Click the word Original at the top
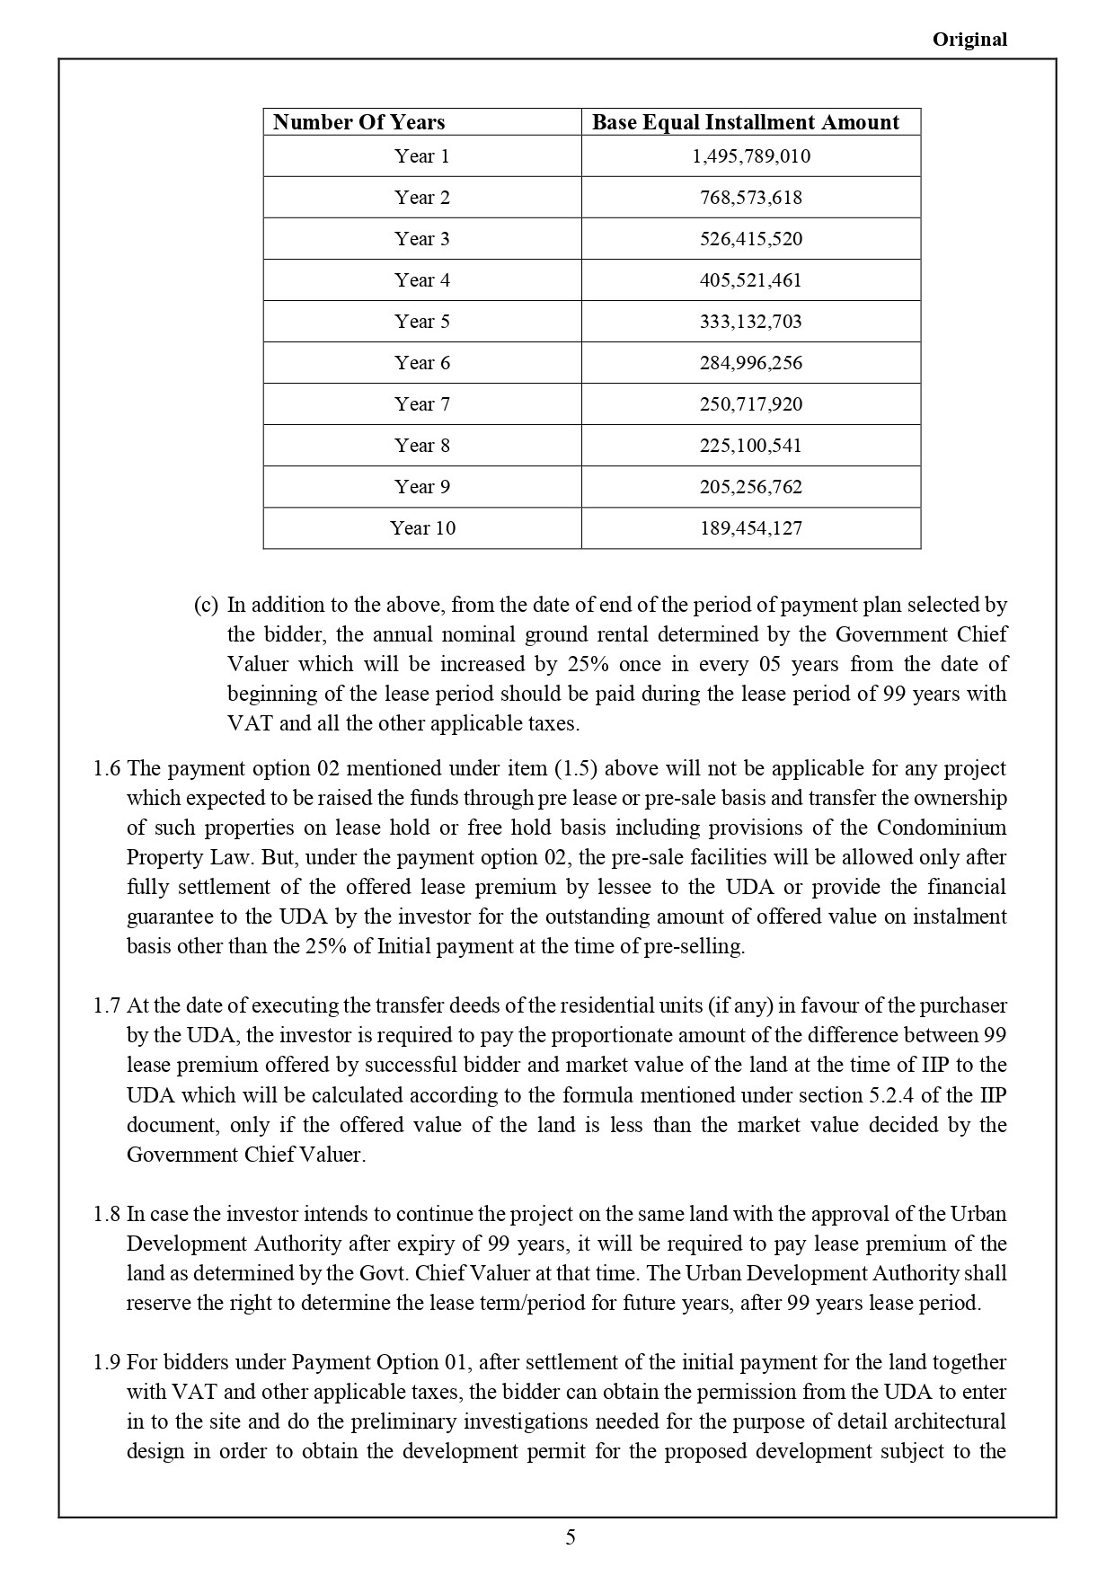click(x=969, y=40)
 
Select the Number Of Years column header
click(x=358, y=122)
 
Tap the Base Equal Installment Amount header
click(x=745, y=122)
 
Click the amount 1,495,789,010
click(x=750, y=156)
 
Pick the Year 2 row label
click(x=421, y=198)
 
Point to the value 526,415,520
click(x=750, y=239)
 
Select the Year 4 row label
click(x=421, y=280)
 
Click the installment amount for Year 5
click(x=750, y=322)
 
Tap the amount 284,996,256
click(x=750, y=363)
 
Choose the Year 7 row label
click(x=421, y=404)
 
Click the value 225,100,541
click(x=750, y=446)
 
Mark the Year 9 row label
click(x=421, y=487)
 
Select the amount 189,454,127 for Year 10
click(x=750, y=528)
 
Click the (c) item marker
click(x=206, y=605)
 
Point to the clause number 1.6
click(x=106, y=768)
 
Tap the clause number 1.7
click(x=106, y=1005)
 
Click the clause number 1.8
click(x=106, y=1214)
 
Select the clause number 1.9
click(x=106, y=1362)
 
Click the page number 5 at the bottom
click(x=571, y=1537)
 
